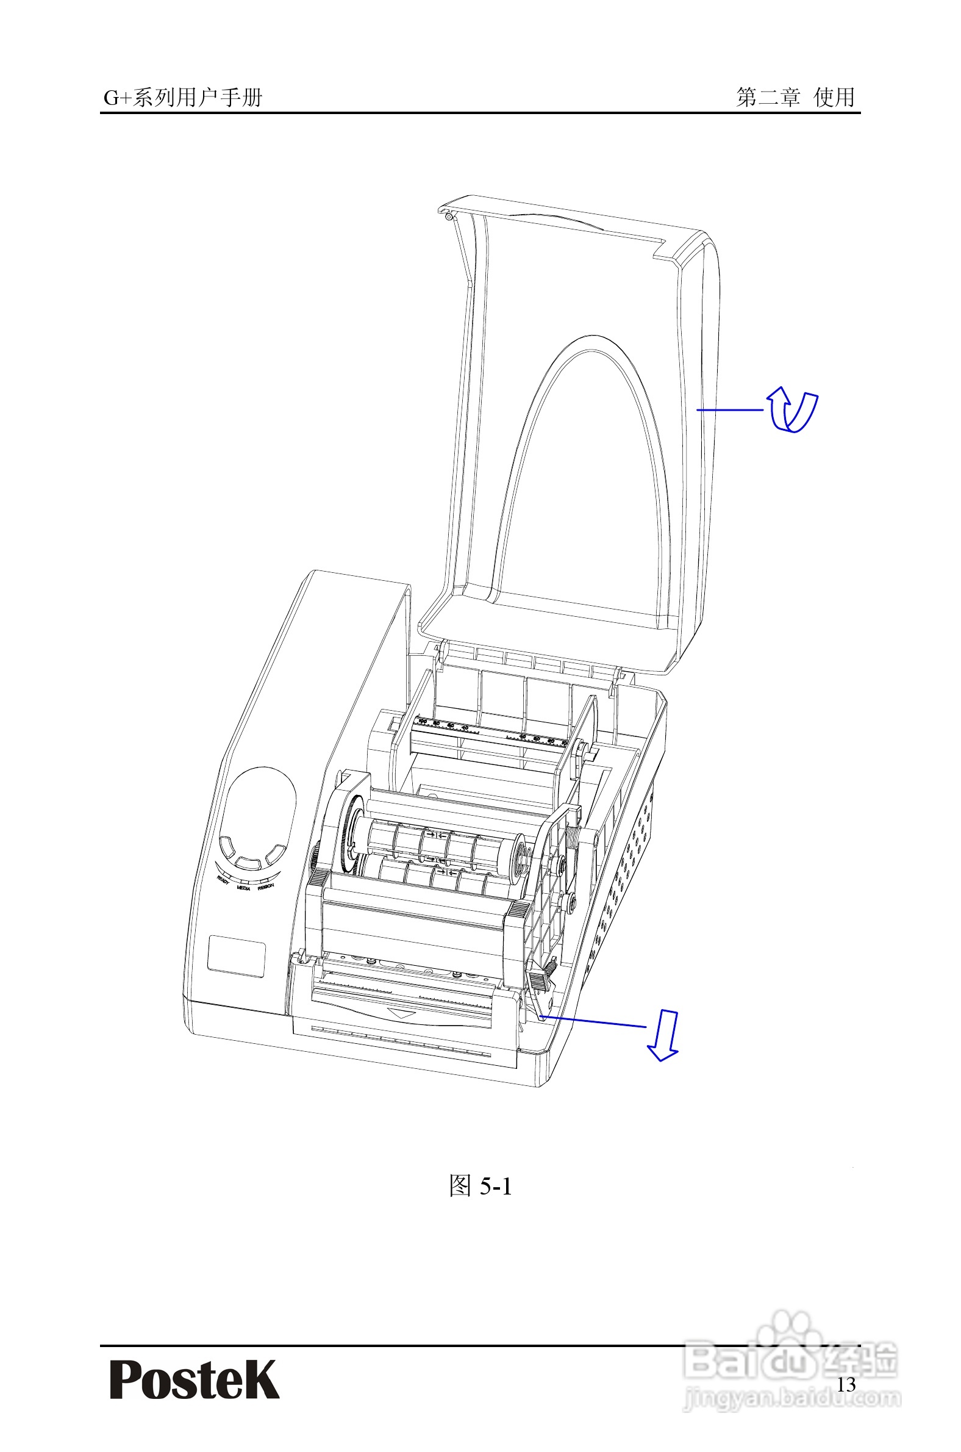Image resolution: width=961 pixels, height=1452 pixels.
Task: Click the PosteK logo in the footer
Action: tap(195, 1379)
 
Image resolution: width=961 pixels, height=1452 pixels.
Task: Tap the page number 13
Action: tap(846, 1384)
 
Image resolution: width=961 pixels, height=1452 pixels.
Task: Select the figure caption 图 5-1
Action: tap(480, 1187)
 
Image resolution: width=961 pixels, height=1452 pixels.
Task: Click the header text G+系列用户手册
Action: tap(183, 98)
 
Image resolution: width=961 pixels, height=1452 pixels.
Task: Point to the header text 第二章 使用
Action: tap(796, 97)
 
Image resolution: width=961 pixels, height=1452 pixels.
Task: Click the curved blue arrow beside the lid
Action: tap(793, 410)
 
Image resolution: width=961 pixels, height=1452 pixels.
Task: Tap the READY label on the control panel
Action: tap(223, 880)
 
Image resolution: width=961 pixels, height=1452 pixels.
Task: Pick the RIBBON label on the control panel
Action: tap(265, 886)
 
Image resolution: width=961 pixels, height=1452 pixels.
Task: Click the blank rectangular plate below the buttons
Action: tap(236, 956)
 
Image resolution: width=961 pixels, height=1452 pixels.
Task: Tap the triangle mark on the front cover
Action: tap(402, 1014)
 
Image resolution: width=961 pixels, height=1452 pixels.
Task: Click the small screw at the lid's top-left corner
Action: tap(449, 216)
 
